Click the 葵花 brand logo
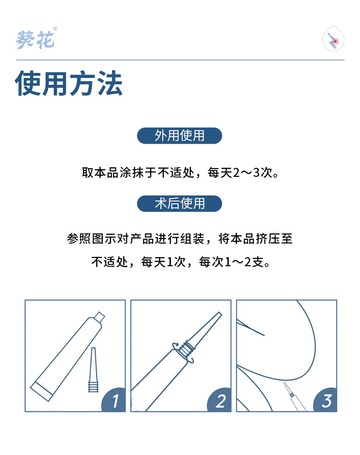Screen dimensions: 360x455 point(35,40)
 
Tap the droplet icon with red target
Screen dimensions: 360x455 point(333,38)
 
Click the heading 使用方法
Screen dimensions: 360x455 point(69,83)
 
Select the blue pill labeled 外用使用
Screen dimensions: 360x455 point(180,135)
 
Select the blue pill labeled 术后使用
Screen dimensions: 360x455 point(180,203)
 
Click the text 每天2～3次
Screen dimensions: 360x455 point(240,173)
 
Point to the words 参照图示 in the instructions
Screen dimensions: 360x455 point(92,238)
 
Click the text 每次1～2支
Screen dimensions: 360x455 point(232,262)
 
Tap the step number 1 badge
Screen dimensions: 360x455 point(114,400)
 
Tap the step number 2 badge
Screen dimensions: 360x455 point(220,400)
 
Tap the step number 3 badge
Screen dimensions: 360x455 point(326,400)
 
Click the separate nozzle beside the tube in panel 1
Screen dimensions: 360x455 point(93,370)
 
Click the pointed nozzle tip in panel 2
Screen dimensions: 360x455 point(220,314)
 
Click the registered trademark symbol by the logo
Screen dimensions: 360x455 point(55,29)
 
